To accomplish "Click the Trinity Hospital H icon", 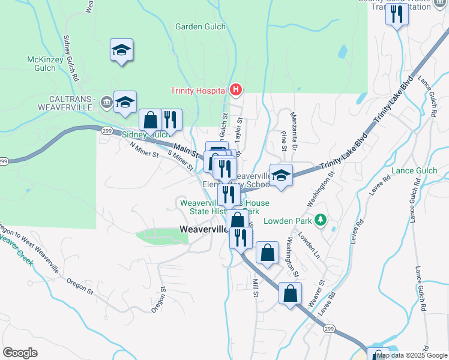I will tap(236, 91).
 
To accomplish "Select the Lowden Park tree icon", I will tap(321, 220).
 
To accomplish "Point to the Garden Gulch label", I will tap(200, 26).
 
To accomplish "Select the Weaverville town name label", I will tap(203, 229).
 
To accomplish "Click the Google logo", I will tap(20, 353).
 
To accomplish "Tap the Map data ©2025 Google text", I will tap(412, 355).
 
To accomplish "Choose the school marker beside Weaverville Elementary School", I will tap(280, 175).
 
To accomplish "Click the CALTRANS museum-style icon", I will tap(106, 101).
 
